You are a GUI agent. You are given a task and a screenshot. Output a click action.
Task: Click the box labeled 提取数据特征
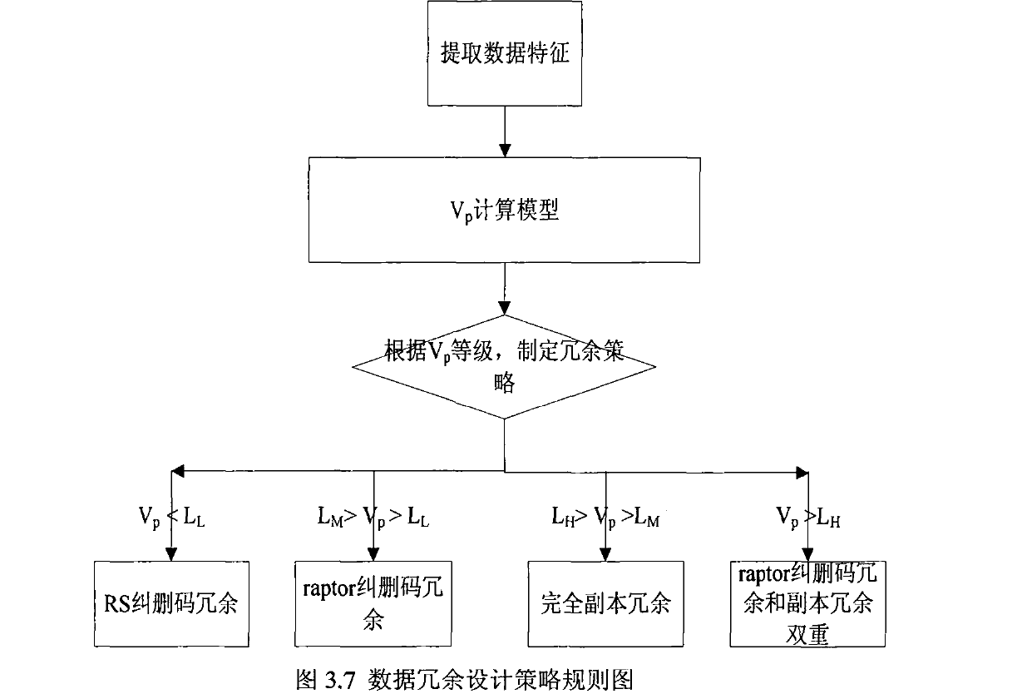pos(503,56)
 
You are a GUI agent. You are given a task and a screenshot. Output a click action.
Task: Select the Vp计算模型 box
pos(503,211)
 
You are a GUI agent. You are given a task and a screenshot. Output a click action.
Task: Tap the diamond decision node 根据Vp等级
pos(505,366)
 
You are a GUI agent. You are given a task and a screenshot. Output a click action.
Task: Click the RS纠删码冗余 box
pos(171,603)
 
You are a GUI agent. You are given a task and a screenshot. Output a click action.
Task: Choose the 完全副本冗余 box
pos(605,603)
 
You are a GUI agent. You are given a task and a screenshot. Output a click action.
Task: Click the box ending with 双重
pos(807,603)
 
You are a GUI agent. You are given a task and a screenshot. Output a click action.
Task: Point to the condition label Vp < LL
pos(170,518)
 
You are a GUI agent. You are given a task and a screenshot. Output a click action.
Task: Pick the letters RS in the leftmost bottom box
pos(116,604)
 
